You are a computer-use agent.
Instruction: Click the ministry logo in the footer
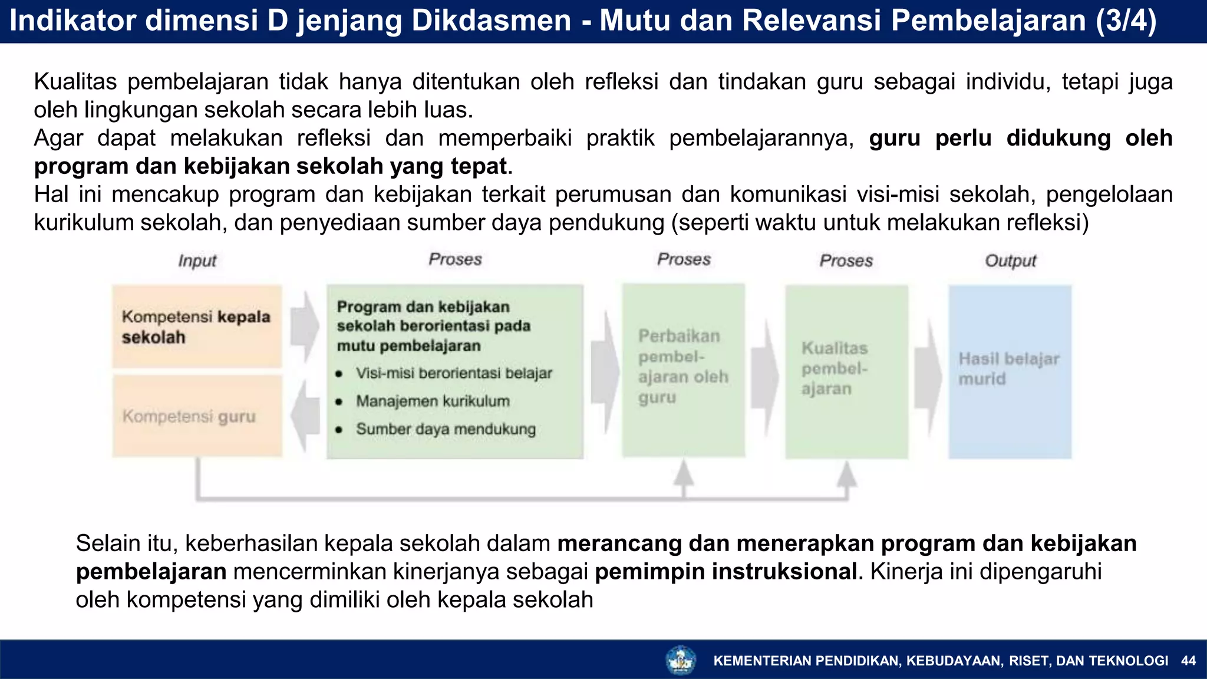tap(681, 660)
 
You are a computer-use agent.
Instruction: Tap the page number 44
tap(1188, 661)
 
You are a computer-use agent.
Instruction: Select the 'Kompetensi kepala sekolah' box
tap(197, 327)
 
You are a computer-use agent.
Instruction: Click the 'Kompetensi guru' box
tap(197, 416)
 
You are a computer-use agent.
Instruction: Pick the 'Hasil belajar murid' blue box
tap(1010, 371)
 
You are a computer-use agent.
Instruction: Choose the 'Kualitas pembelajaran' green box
tap(846, 371)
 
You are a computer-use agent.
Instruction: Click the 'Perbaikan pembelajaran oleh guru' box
tap(683, 370)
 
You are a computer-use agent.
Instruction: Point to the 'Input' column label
tap(197, 261)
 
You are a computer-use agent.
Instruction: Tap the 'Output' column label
tap(1010, 261)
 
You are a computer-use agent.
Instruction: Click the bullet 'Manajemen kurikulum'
tap(433, 401)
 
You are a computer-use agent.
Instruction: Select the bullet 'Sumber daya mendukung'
tap(446, 429)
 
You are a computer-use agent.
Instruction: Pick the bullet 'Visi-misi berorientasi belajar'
tap(454, 373)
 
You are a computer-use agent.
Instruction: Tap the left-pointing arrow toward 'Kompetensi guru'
tap(305, 415)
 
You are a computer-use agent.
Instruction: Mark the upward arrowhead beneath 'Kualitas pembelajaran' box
tap(846, 474)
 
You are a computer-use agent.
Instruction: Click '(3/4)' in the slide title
tap(1126, 21)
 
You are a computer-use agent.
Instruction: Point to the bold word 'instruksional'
tap(784, 572)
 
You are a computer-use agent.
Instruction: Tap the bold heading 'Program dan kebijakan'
tap(423, 307)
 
